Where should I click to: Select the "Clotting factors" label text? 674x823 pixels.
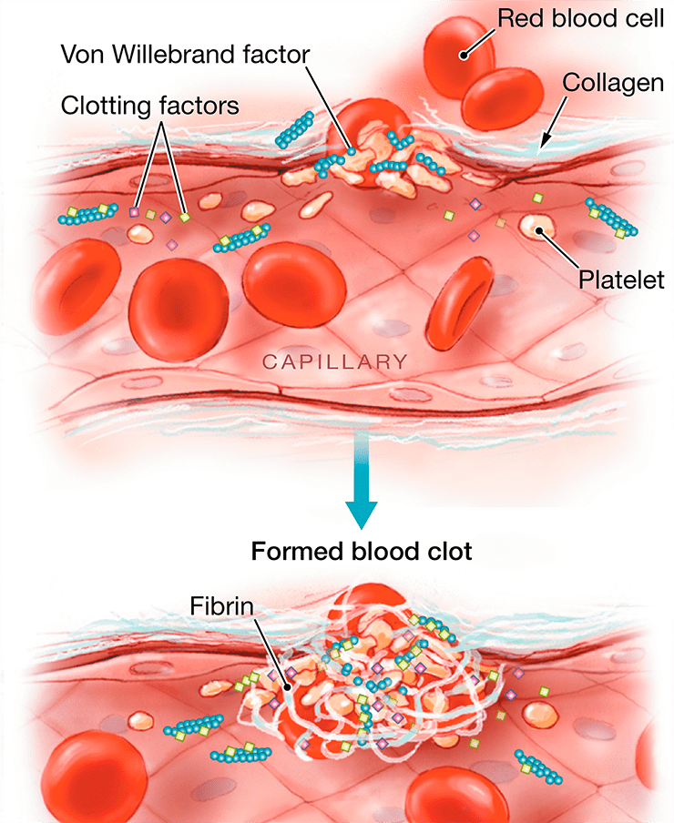tap(149, 106)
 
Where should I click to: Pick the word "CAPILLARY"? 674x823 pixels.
tap(334, 361)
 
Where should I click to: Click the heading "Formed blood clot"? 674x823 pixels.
tap(361, 552)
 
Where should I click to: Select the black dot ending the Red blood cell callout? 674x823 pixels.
tap(464, 55)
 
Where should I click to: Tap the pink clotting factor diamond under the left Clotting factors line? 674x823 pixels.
tap(135, 212)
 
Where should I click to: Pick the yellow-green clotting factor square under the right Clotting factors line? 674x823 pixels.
tap(185, 217)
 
